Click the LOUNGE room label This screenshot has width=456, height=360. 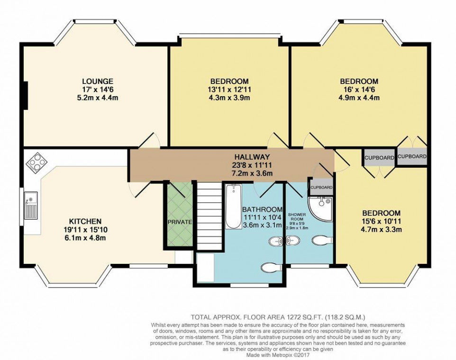(x=98, y=81)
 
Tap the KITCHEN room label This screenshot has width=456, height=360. (x=85, y=221)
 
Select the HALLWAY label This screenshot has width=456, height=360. (x=252, y=157)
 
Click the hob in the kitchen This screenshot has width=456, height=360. (x=36, y=163)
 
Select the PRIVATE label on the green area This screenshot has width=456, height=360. (x=180, y=222)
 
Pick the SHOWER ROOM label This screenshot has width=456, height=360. (x=297, y=217)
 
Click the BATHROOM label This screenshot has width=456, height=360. (x=262, y=209)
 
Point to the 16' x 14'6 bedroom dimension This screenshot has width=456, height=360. (x=359, y=89)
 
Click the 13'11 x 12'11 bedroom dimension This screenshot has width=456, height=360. (x=229, y=89)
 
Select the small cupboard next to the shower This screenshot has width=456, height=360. (x=321, y=188)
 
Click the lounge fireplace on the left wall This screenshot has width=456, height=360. (x=26, y=96)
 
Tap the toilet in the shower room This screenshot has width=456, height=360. (x=322, y=240)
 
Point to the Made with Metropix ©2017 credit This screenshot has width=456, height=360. (x=277, y=355)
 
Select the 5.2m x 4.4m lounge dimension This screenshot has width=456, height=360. (x=98, y=98)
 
